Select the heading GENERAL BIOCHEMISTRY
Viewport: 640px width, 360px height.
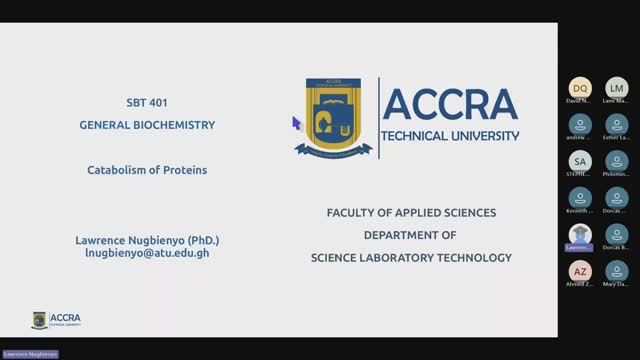[x=147, y=125]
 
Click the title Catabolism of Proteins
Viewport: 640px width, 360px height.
[x=147, y=170]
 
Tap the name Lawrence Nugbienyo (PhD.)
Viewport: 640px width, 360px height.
[x=147, y=241]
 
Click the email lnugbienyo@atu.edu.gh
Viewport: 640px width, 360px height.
[x=147, y=254]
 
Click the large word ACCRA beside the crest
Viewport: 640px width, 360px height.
[x=450, y=104]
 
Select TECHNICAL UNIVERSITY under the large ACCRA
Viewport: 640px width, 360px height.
[x=451, y=136]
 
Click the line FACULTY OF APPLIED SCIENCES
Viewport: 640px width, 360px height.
[x=411, y=213]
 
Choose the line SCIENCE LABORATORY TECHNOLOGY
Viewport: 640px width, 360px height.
[x=411, y=258]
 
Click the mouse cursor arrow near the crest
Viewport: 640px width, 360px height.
[x=296, y=122]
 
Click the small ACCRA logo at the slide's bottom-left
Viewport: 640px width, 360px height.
[x=57, y=320]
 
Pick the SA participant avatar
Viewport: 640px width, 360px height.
[x=580, y=160]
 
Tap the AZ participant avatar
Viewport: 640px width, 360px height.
[x=580, y=271]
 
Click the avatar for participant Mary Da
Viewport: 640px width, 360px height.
[x=617, y=271]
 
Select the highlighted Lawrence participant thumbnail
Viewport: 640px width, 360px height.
[x=580, y=234]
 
